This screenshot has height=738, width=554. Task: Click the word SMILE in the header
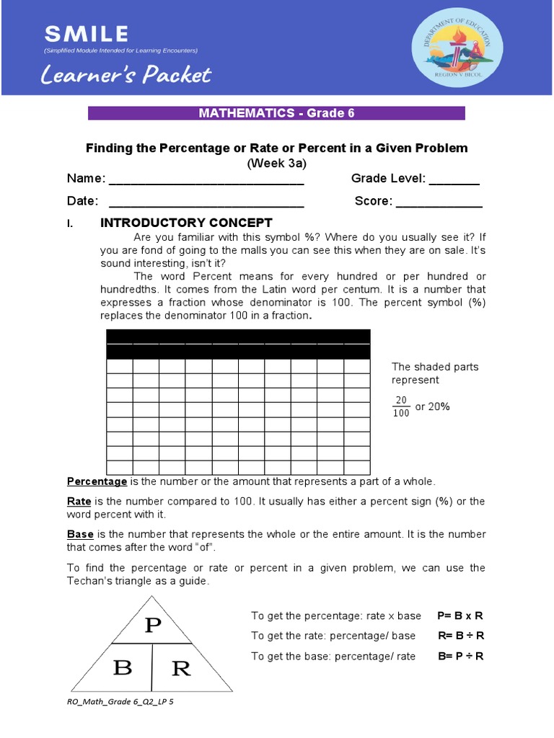click(87, 33)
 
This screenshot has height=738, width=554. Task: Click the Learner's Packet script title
click(127, 74)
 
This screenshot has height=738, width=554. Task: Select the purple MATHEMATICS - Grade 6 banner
click(276, 113)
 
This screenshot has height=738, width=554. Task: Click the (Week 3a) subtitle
click(277, 163)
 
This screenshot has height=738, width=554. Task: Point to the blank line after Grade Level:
click(454, 180)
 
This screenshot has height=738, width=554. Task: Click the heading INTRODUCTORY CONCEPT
click(186, 223)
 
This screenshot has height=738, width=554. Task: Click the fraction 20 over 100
click(401, 406)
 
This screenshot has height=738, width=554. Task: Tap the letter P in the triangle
click(152, 626)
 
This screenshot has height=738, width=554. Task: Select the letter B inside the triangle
click(123, 668)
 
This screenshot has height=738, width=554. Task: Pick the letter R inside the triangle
click(181, 669)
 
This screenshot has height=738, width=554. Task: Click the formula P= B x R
click(460, 615)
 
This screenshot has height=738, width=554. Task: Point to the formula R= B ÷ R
click(461, 636)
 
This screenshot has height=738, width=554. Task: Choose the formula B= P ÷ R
click(461, 656)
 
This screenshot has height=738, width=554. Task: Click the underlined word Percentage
click(97, 481)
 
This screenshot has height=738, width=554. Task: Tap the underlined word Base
click(80, 535)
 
